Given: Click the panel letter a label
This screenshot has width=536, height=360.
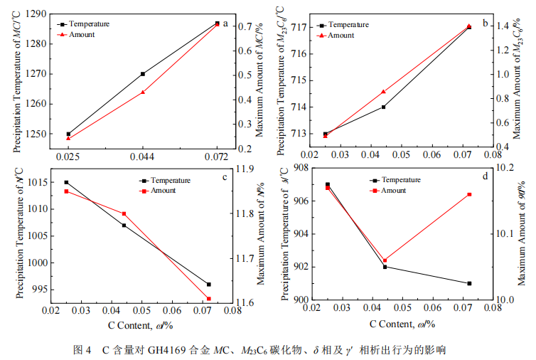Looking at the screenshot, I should pos(226,23).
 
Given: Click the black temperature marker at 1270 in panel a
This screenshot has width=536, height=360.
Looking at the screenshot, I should pos(143,74).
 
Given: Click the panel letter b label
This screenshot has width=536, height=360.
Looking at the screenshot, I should pos(485,23).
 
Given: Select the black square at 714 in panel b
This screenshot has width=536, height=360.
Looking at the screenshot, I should pos(384,107).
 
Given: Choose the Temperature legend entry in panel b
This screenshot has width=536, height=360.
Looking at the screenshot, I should pos(349,25).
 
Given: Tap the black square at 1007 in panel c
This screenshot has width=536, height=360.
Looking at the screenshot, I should pos(124,226).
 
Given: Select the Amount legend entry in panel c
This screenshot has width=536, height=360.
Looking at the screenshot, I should pos(164,191).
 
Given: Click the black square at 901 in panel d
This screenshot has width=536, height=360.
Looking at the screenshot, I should pos(470,283).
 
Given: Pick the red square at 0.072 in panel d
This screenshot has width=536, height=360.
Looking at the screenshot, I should pos(470,194).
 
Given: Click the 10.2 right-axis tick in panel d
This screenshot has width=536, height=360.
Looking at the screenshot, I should pos(508,169).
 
